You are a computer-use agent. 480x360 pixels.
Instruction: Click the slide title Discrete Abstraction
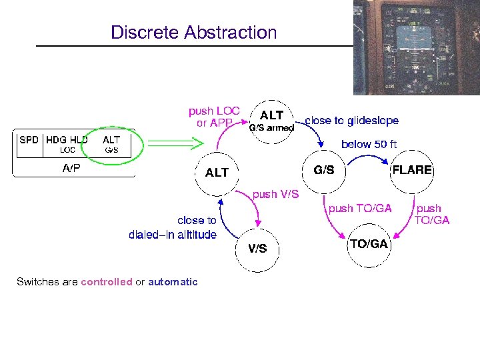click(x=193, y=32)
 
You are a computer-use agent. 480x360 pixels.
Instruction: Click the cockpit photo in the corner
click(x=416, y=47)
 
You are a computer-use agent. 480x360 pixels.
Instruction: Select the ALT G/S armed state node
click(x=271, y=121)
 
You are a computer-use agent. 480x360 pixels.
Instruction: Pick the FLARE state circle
click(x=411, y=170)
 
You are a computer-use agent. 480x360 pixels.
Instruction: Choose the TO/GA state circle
click(x=369, y=244)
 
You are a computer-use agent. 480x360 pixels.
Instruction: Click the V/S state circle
click(x=258, y=249)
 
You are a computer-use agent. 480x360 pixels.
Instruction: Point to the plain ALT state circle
click(x=217, y=173)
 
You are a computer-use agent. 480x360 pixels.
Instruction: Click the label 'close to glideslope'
click(x=351, y=121)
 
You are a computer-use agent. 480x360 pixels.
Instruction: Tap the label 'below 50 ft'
click(x=369, y=144)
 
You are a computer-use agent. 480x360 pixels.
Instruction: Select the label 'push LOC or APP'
click(x=214, y=117)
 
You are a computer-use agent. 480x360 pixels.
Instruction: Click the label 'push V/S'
click(x=275, y=194)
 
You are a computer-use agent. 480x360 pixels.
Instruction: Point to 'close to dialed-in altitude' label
click(x=173, y=227)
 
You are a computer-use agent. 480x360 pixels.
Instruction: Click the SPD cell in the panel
click(x=29, y=141)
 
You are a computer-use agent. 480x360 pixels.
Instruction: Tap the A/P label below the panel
click(x=71, y=169)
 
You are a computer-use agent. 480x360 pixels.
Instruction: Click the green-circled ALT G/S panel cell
click(x=111, y=144)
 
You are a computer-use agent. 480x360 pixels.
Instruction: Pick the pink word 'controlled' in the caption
click(x=107, y=282)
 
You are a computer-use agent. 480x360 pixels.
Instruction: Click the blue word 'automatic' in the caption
click(x=173, y=282)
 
